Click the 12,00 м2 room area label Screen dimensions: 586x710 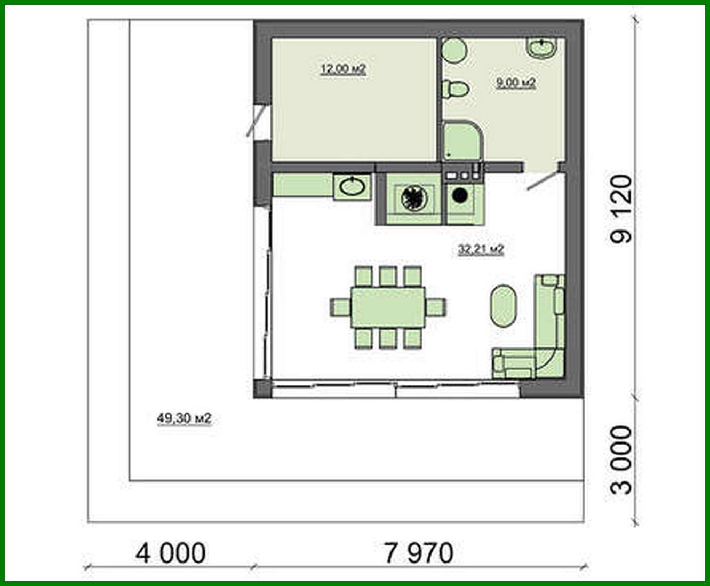click(343, 69)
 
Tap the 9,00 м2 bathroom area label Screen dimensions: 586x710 click(515, 83)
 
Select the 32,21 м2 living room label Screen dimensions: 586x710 click(481, 249)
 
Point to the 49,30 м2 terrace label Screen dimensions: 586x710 click(184, 418)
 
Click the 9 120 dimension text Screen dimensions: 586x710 click(621, 209)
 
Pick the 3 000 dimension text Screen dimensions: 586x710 click(621, 460)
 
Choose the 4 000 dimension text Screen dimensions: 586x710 click(171, 553)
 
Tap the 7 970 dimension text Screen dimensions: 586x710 click(419, 553)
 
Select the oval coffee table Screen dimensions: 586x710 click(502, 306)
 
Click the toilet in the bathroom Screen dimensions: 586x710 click(455, 89)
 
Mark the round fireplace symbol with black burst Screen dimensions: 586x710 click(413, 199)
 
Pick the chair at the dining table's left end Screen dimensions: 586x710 click(340, 307)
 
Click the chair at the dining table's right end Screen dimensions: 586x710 click(436, 307)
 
